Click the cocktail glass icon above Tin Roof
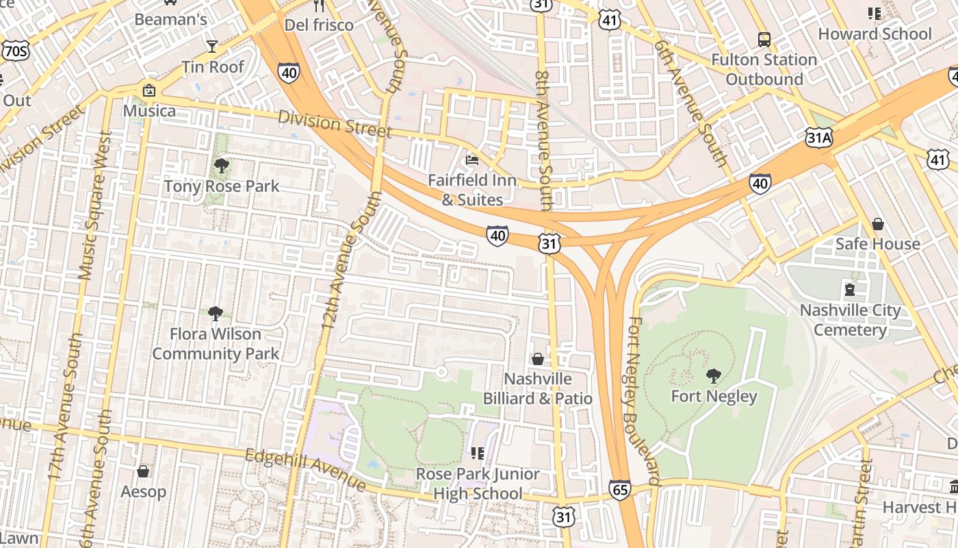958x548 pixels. point(212,47)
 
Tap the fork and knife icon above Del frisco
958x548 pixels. point(319,5)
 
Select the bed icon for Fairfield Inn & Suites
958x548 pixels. point(471,160)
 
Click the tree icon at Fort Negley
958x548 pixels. point(713,375)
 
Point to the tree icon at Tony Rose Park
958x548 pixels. point(221,165)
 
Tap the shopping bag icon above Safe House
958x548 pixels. point(877,224)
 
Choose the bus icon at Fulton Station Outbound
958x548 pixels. point(764,40)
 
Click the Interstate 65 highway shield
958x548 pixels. point(619,489)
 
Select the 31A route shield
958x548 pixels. point(818,138)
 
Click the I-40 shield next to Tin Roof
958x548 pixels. point(288,72)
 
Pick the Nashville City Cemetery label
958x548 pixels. point(850,320)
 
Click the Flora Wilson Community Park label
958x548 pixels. point(216,344)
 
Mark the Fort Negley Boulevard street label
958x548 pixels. point(641,401)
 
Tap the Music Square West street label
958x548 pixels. point(94,206)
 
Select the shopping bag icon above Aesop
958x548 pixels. point(143,471)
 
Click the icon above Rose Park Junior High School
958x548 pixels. point(477,453)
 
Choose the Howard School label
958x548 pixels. point(875,34)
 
